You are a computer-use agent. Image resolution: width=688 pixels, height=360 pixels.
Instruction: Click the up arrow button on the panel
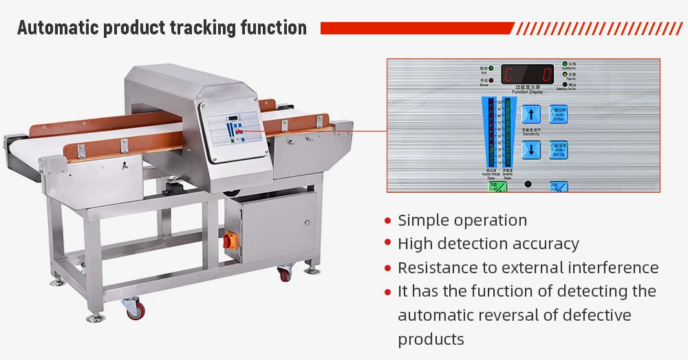530,114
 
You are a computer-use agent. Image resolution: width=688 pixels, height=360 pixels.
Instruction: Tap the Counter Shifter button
558,114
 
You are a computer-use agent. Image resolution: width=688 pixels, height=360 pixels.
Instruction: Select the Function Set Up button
558,149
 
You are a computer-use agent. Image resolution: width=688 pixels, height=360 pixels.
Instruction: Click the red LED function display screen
527,74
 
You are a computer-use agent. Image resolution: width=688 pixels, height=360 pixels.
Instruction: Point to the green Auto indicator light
493,69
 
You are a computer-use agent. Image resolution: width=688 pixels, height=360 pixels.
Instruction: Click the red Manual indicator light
493,81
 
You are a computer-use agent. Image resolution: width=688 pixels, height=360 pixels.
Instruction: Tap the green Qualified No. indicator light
565,64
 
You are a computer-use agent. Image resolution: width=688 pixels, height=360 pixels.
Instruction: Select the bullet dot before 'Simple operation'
387,221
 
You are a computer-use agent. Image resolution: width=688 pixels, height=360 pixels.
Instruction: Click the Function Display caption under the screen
527,90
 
